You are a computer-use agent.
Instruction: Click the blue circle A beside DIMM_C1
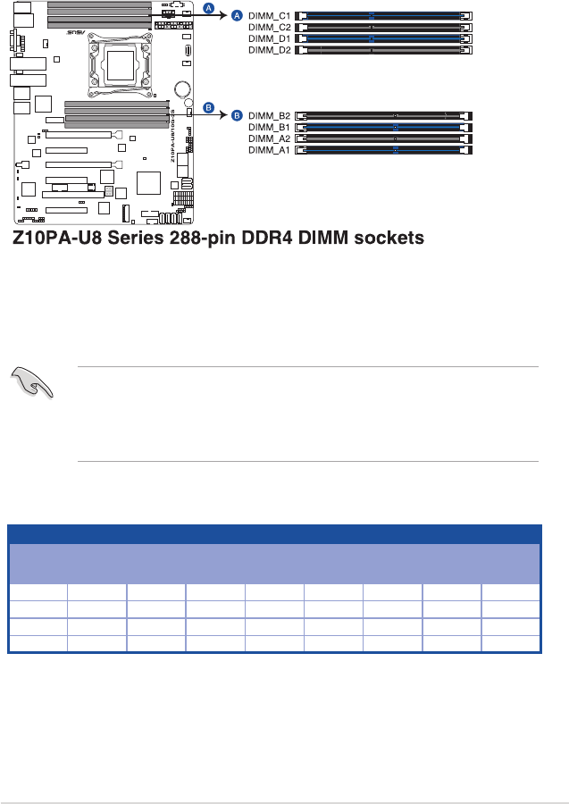238,16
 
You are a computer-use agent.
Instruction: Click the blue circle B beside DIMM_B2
238,115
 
